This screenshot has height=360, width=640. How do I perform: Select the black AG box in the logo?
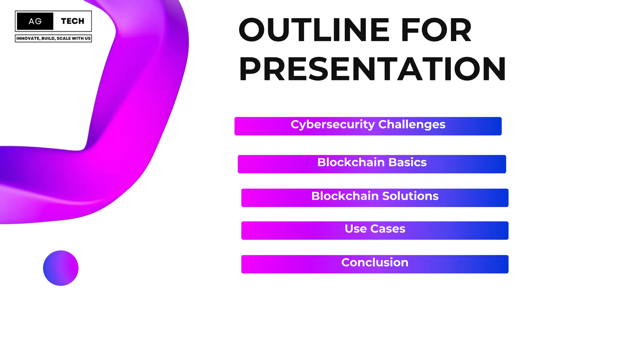click(x=35, y=21)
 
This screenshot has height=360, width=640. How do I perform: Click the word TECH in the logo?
click(x=72, y=21)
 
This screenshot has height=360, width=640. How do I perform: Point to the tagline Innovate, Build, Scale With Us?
click(x=53, y=38)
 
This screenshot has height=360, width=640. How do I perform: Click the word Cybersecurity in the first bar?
click(x=332, y=124)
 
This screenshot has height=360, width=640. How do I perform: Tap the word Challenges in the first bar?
click(x=412, y=124)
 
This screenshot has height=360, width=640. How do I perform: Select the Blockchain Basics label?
click(x=372, y=162)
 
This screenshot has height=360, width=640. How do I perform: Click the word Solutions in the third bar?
click(x=410, y=196)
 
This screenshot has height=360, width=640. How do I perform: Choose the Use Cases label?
click(x=375, y=229)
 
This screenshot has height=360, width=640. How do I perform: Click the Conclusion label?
click(x=375, y=262)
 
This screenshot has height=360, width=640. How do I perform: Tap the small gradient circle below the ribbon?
click(x=61, y=268)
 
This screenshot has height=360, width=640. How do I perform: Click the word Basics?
click(x=407, y=162)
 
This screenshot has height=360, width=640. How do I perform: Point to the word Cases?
click(x=388, y=229)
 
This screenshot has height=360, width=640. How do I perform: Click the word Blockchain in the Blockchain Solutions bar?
click(x=345, y=196)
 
